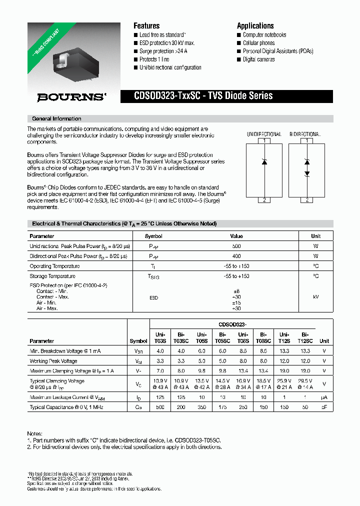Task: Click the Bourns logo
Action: click(x=71, y=97)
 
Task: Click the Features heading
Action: click(x=146, y=26)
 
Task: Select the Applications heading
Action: click(x=255, y=26)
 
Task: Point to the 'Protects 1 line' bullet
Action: click(x=154, y=59)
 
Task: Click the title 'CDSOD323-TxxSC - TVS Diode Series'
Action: click(x=203, y=96)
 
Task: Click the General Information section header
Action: click(x=56, y=119)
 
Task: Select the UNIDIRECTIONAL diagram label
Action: click(x=264, y=134)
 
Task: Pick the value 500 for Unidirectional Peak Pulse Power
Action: click(x=236, y=246)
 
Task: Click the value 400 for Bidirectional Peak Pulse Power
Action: click(x=236, y=256)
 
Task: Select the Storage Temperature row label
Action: click(x=52, y=276)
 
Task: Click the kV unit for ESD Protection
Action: click(x=315, y=297)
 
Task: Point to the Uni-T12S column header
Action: click(x=284, y=337)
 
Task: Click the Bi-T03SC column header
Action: click(x=181, y=337)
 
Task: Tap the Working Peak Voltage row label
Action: click(x=53, y=361)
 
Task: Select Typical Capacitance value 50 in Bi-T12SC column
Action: click(x=304, y=407)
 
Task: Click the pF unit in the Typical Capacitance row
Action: click(x=324, y=407)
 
